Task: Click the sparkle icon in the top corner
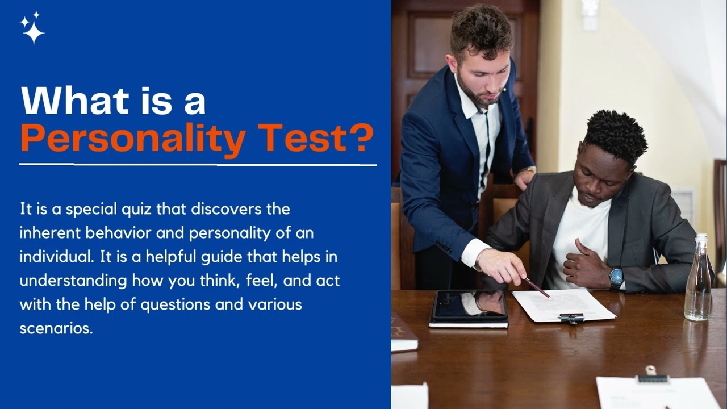point(32,28)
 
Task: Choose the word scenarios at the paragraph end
point(56,328)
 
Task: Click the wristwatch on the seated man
point(616,278)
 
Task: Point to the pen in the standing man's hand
point(537,287)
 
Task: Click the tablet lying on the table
point(469,307)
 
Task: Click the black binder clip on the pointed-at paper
point(571,318)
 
